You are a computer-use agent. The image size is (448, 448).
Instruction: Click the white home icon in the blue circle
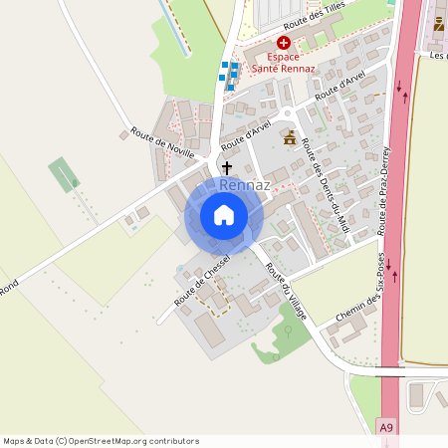(224, 215)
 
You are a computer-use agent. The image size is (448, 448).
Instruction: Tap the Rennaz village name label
(244, 186)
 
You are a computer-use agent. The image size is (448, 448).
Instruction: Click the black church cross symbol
(227, 168)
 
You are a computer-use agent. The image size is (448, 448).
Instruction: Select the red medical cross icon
(284, 43)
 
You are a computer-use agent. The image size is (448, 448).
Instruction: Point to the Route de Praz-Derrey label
(389, 190)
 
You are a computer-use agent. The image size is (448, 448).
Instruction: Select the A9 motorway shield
(387, 427)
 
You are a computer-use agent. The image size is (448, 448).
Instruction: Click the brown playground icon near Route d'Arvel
(291, 138)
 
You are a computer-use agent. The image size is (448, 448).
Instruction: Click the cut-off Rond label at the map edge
(9, 287)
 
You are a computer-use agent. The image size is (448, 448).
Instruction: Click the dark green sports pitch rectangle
(63, 174)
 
